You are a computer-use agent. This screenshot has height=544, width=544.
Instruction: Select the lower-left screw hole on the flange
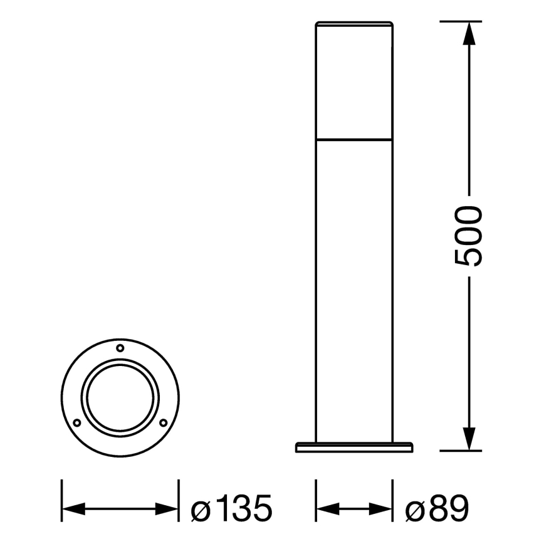(x=76, y=422)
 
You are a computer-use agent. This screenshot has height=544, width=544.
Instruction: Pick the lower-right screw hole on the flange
(x=163, y=422)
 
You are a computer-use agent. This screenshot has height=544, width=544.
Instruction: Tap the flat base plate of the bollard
(x=354, y=447)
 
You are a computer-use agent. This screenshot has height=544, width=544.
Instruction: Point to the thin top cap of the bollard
(x=354, y=25)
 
